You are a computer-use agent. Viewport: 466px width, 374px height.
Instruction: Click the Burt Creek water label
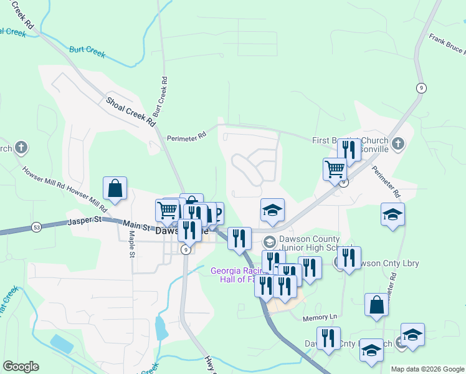click(x=88, y=49)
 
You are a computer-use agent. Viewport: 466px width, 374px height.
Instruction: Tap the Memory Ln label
click(x=320, y=317)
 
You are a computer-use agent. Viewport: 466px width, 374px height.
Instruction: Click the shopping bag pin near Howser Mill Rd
click(x=115, y=188)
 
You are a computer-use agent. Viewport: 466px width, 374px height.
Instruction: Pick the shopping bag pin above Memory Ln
click(x=376, y=305)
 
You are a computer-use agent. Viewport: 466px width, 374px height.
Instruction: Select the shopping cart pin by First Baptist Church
click(x=335, y=169)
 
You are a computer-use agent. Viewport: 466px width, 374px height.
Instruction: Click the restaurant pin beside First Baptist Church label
click(x=349, y=150)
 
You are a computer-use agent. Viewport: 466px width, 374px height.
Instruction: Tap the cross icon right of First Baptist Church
click(x=399, y=145)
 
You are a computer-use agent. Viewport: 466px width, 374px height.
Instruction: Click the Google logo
click(x=21, y=367)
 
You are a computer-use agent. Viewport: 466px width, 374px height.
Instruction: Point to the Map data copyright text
click(x=427, y=369)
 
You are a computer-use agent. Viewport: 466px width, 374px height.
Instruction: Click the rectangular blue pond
click(x=62, y=343)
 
